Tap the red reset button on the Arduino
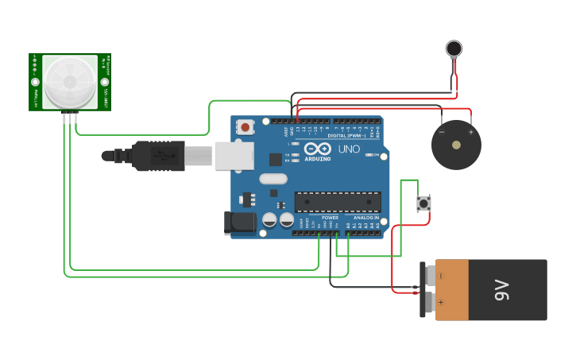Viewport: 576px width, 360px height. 245,126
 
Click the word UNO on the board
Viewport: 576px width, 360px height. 349,149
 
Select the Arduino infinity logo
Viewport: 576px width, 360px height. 318,149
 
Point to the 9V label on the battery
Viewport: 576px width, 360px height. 501,290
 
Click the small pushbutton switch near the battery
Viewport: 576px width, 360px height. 424,203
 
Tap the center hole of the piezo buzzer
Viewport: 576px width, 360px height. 456,145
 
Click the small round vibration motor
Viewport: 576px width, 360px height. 454,48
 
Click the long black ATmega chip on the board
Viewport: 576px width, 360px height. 338,202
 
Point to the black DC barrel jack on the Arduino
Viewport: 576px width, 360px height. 240,223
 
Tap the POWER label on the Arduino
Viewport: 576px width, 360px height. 330,217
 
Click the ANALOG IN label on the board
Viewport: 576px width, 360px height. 366,217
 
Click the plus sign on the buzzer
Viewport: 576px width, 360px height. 470,132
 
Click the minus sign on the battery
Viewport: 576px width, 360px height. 442,276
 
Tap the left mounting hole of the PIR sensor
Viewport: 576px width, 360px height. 35,82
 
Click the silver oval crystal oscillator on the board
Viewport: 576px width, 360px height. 273,179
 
